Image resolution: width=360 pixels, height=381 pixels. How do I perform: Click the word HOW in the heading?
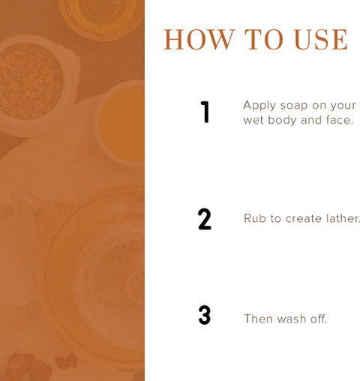(199, 40)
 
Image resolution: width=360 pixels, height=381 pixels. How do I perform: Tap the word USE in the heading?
(321, 40)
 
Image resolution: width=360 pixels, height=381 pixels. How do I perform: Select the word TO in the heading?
(263, 40)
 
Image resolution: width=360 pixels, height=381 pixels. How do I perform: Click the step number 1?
(205, 112)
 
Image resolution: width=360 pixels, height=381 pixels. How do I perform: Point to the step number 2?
(205, 219)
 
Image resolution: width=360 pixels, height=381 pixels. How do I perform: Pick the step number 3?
(205, 315)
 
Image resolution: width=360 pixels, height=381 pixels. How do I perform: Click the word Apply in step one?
(259, 106)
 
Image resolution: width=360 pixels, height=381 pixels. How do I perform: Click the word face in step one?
(337, 120)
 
